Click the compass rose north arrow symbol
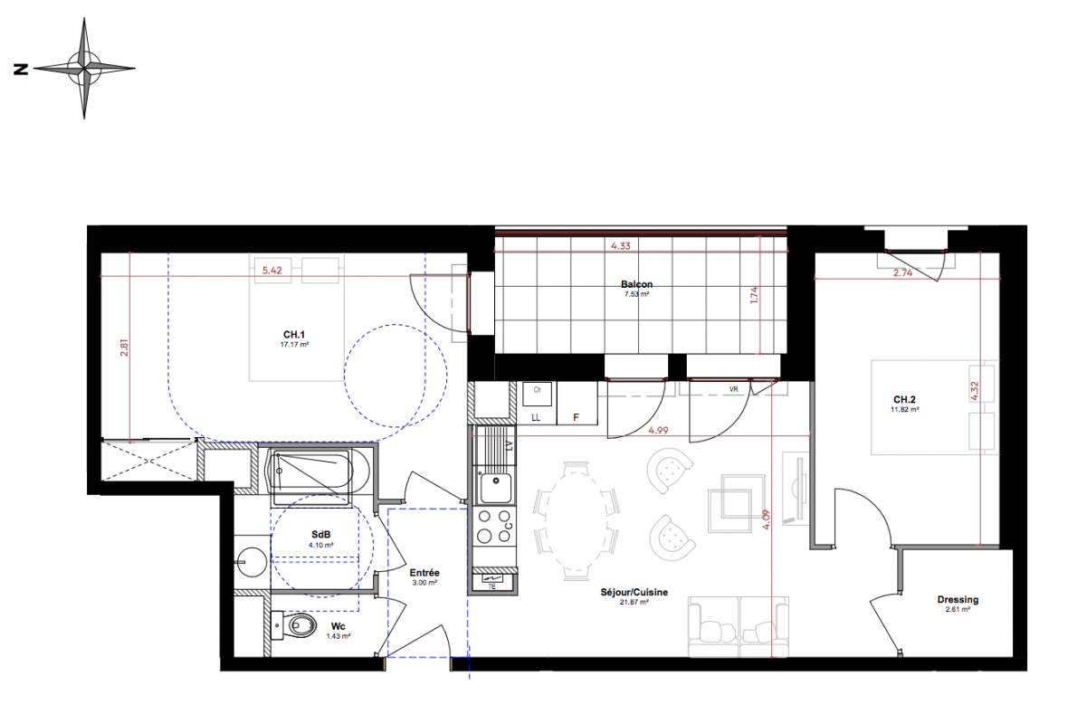(x=84, y=69)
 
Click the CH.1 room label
(x=294, y=335)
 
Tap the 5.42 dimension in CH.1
(x=272, y=271)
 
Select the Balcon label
(x=637, y=284)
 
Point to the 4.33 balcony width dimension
(x=621, y=246)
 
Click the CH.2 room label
(x=904, y=400)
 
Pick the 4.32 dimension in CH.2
(x=974, y=391)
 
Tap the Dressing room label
(x=958, y=599)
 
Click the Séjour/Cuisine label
(x=634, y=592)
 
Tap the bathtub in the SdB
(x=310, y=472)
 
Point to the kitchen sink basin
(x=495, y=488)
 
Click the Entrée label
(x=424, y=573)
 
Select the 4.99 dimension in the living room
(x=658, y=431)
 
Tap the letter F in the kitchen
(x=577, y=417)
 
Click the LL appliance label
(x=536, y=417)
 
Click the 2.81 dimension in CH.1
(x=124, y=348)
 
